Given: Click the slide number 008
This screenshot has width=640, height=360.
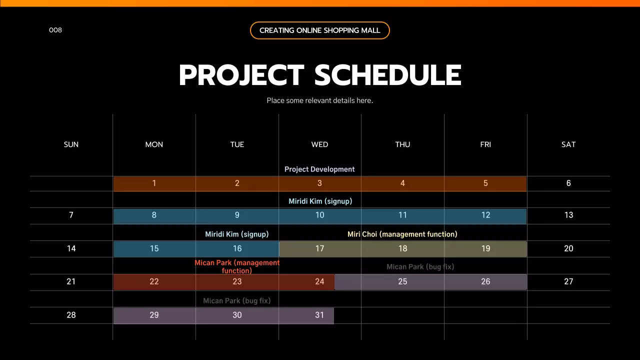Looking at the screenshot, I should [x=55, y=30].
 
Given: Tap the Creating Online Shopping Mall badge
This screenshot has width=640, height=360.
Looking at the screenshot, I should [x=319, y=30].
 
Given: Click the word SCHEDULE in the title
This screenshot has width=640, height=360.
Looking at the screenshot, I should [x=387, y=75].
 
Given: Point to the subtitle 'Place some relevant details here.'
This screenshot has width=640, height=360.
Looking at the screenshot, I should [x=319, y=100].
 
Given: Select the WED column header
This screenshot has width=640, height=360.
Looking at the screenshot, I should [x=319, y=144].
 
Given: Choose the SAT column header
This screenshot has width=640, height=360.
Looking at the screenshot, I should [x=568, y=144].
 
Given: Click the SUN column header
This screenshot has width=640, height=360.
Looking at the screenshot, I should [x=71, y=144].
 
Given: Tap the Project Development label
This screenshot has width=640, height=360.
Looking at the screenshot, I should [x=319, y=169].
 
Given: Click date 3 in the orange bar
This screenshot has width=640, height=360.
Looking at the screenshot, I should [x=319, y=183].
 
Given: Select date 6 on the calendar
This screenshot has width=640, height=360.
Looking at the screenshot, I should [x=568, y=183].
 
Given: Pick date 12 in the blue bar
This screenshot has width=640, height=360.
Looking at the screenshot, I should [x=485, y=215].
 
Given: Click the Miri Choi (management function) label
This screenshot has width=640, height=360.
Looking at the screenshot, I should [x=402, y=234].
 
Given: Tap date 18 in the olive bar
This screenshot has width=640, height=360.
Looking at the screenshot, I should [x=402, y=248].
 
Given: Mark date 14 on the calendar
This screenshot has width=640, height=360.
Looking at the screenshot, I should [x=71, y=248].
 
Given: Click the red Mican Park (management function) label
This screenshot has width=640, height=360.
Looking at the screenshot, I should [x=237, y=266].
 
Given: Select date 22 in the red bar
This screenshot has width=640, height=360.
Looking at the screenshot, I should [x=154, y=282].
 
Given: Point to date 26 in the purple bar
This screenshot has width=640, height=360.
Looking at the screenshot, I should [x=485, y=282].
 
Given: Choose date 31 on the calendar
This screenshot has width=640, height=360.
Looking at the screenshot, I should [x=319, y=315].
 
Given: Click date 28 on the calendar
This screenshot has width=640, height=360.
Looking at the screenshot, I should [x=71, y=315].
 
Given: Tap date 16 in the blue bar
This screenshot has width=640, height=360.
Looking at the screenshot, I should [x=237, y=248].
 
